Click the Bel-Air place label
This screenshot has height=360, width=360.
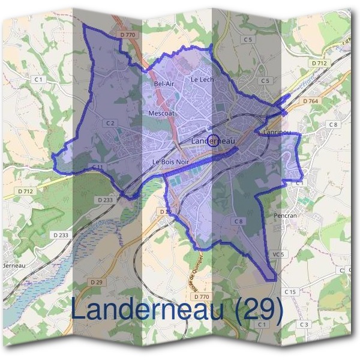point(164,83)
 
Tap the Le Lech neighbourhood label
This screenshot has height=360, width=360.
point(202,79)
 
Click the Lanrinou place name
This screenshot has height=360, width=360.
point(277,132)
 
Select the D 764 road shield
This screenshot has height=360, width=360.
point(311,101)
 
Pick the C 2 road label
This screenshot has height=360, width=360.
point(110,122)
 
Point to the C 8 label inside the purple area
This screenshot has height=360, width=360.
point(239,221)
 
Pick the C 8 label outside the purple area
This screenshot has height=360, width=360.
point(333,124)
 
